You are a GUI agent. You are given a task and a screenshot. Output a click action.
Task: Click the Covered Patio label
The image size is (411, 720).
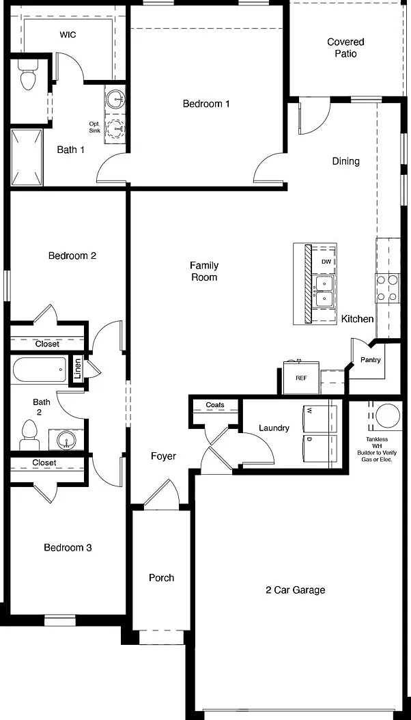tap(345, 48)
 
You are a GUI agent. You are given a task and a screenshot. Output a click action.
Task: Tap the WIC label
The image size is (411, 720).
tap(68, 35)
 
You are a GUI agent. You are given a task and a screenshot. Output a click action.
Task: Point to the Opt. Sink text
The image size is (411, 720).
tap(94, 128)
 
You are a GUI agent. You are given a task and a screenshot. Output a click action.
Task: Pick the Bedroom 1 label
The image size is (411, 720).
tap(206, 104)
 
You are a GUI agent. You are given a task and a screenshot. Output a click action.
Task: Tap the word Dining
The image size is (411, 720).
tap(346, 161)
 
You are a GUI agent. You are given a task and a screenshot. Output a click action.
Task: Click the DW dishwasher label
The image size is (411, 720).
tap(326, 262)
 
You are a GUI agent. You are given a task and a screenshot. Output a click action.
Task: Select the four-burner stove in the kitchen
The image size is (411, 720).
tap(387, 288)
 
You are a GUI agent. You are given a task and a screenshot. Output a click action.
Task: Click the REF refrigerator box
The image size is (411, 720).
tap(301, 378)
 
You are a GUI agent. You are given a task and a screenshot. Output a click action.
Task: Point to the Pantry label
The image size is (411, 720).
tap(370, 360)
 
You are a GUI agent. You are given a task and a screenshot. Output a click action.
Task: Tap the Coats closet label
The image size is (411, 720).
tap(215, 404)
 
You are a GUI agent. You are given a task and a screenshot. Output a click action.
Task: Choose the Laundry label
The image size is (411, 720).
tap(274, 428)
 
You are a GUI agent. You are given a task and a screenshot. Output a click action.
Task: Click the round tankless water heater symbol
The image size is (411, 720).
tap(388, 417)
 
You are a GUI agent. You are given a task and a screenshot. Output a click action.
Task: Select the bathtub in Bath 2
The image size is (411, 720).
tap(40, 370)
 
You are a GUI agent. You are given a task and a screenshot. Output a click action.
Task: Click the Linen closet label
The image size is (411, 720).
tap(78, 368)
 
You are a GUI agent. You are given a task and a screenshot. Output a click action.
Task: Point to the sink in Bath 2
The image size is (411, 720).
tap(67, 441)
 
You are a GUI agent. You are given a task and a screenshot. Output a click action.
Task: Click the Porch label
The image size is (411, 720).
tap(161, 578)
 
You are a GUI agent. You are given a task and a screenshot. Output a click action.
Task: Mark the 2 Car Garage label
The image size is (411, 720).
tap(296, 590)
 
